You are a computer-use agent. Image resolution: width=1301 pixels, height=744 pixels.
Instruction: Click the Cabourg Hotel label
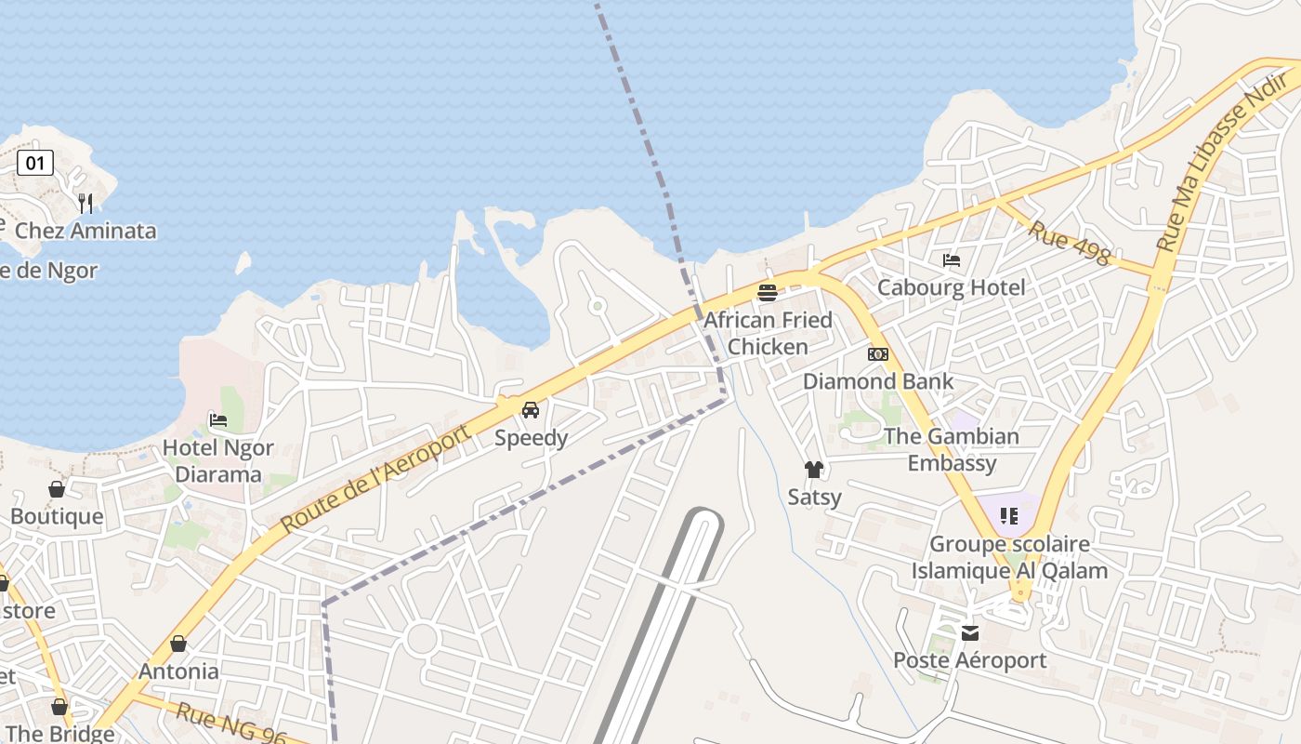click(x=951, y=287)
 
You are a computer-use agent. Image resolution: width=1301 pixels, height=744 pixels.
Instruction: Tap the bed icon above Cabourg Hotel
click(x=952, y=260)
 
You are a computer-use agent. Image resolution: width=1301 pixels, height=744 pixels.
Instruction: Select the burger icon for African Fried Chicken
click(x=768, y=293)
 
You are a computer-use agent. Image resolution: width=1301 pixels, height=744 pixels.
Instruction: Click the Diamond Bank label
click(x=878, y=381)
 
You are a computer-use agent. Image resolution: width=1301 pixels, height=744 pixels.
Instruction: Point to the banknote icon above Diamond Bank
click(x=878, y=354)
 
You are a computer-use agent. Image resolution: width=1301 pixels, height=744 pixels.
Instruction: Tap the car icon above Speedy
click(x=531, y=409)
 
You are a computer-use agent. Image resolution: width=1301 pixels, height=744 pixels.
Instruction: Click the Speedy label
click(x=531, y=437)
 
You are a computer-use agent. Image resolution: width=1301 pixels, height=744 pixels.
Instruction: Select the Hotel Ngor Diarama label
click(x=218, y=461)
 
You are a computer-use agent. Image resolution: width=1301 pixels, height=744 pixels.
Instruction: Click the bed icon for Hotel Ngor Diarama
click(x=218, y=420)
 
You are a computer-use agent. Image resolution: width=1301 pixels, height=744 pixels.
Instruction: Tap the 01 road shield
click(x=35, y=164)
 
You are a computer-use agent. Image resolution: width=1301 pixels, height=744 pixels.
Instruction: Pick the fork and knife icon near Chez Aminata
click(x=85, y=203)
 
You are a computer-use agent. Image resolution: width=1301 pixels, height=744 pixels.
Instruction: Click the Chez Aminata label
click(x=85, y=231)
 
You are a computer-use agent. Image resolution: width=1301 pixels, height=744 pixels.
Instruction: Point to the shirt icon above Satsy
click(x=814, y=470)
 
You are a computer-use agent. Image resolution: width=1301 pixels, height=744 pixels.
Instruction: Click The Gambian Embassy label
click(x=952, y=449)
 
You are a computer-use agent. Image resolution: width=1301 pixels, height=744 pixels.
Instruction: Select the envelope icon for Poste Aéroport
click(x=970, y=633)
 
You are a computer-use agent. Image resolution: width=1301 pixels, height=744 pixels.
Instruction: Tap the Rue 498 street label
click(x=1069, y=242)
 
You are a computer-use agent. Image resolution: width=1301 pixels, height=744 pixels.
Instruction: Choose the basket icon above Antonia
click(x=178, y=644)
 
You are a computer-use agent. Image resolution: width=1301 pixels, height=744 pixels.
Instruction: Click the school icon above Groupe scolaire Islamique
click(x=1009, y=515)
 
